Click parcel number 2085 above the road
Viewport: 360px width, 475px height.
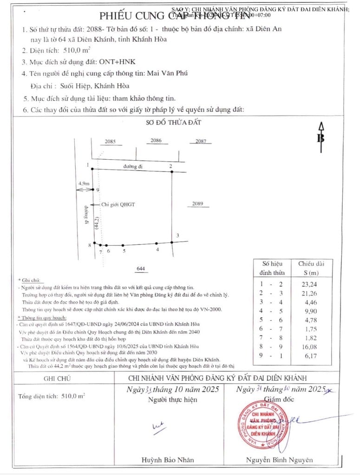110,141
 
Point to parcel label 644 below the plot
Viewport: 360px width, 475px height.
141,268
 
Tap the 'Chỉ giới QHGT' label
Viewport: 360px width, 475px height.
118,204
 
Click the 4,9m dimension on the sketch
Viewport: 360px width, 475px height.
84,184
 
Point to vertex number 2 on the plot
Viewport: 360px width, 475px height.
170,166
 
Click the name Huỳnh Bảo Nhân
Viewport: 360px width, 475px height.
168,460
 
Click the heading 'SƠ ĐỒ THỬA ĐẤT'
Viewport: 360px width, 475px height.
174,123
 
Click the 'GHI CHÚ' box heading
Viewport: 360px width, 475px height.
57,378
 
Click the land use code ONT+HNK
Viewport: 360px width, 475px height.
118,61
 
